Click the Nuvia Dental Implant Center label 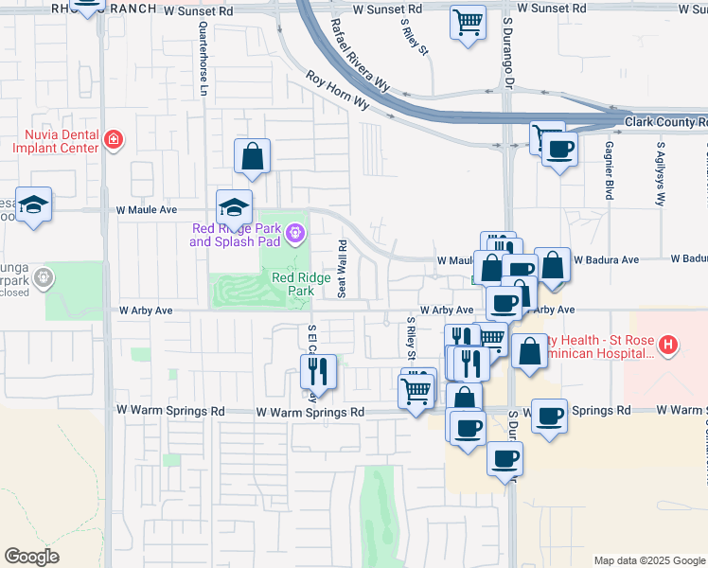tap(54, 141)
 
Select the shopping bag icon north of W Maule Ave tap(253, 157)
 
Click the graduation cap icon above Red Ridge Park tap(234, 206)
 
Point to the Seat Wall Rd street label tap(343, 268)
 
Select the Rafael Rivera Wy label tap(360, 54)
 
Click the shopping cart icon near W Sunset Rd tap(468, 23)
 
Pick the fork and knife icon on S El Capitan tap(319, 371)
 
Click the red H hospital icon tap(668, 346)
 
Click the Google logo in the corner tap(31, 557)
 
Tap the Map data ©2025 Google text tap(647, 560)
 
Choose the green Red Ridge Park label tap(292, 284)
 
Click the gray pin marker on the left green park tap(43, 277)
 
